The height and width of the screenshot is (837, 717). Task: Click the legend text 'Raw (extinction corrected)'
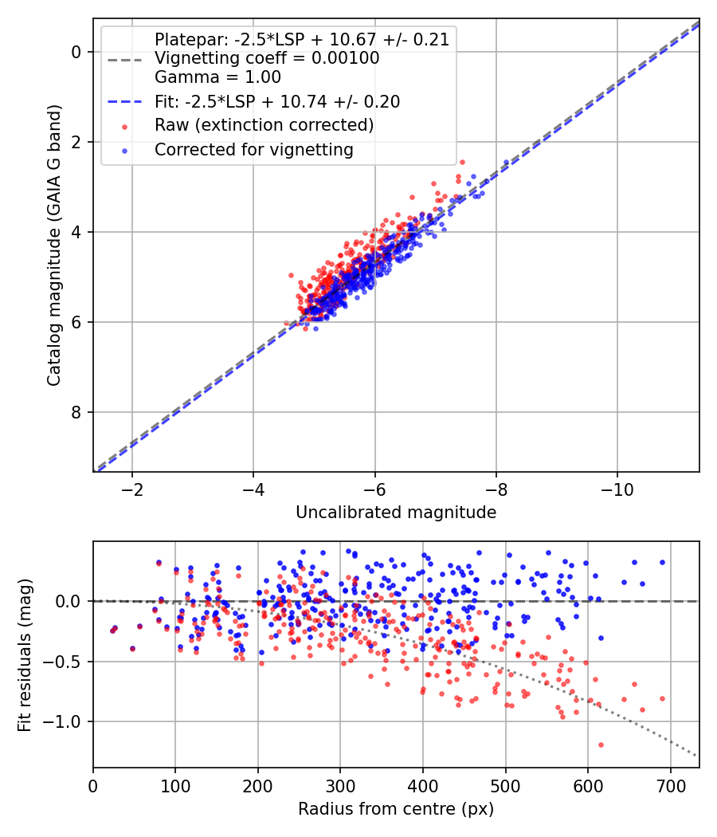click(x=264, y=125)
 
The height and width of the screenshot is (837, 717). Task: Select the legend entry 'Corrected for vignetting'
click(x=254, y=149)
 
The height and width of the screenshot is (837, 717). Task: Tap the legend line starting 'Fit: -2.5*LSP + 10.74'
click(x=277, y=102)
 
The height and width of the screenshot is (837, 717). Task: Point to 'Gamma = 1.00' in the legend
click(x=217, y=78)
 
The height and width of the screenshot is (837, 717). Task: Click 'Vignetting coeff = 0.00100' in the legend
click(x=267, y=58)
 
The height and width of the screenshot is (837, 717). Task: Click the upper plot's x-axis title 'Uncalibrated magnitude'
click(x=396, y=513)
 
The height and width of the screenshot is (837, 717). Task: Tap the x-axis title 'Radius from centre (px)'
click(x=396, y=809)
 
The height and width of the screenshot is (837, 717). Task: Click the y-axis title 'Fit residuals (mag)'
click(x=25, y=654)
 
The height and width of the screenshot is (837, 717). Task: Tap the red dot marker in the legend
click(x=123, y=126)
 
